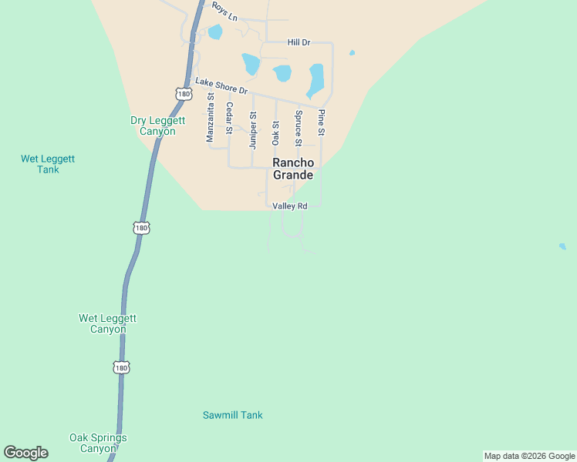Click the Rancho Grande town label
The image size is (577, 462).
pyautogui.click(x=294, y=169)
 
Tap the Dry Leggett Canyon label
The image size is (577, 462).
pyautogui.click(x=153, y=126)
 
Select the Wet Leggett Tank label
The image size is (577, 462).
pyautogui.click(x=48, y=164)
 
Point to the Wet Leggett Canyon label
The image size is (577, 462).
pyautogui.click(x=108, y=323)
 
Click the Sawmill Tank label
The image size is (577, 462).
pyautogui.click(x=232, y=415)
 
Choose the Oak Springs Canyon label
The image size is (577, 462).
pyautogui.click(x=98, y=443)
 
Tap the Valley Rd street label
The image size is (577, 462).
pyautogui.click(x=290, y=206)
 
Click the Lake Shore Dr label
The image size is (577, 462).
pyautogui.click(x=221, y=85)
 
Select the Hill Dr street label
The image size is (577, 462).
pyautogui.click(x=299, y=43)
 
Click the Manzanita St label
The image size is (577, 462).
pyautogui.click(x=209, y=117)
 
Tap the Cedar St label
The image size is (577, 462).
pyautogui.click(x=229, y=118)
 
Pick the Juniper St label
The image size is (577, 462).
pyautogui.click(x=252, y=129)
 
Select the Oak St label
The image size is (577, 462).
pyautogui.click(x=275, y=132)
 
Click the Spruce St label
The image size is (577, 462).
pyautogui.click(x=299, y=128)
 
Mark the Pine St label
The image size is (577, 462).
pyautogui.click(x=322, y=123)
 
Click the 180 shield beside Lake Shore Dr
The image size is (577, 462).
pyautogui.click(x=183, y=94)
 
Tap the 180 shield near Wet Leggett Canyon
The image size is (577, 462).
pyautogui.click(x=121, y=368)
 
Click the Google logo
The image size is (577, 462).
pyautogui.click(x=25, y=453)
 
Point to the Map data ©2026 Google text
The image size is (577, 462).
pyautogui.click(x=529, y=456)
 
